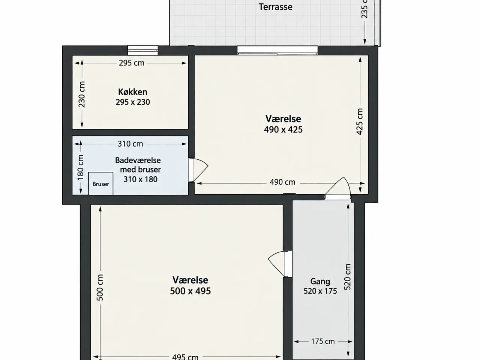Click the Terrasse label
[x=276, y=7]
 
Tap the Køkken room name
[x=133, y=92]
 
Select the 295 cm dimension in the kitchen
[x=132, y=63]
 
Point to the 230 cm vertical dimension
[x=82, y=94]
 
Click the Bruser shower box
[x=101, y=183]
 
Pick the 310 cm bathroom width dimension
[x=130, y=144]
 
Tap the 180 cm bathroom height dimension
[x=81, y=167]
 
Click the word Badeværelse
[x=138, y=160]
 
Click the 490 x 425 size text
[x=283, y=130]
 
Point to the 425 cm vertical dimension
[x=360, y=121]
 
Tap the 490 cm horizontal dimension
[x=282, y=182]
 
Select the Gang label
[x=320, y=281]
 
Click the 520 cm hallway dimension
[x=348, y=277]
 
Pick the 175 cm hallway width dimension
[x=323, y=341]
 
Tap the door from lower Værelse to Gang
[x=280, y=264]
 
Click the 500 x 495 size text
[x=190, y=291]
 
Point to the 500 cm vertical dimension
[x=100, y=288]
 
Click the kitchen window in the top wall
[x=143, y=50]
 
